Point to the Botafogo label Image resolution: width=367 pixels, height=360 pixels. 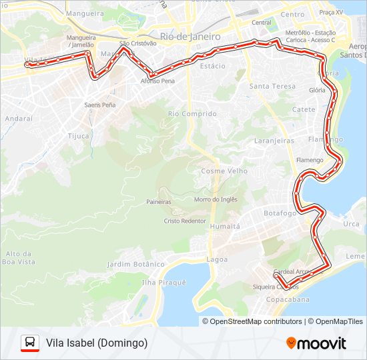pyautogui.click(x=280, y=213)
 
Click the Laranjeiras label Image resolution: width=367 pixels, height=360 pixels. pyautogui.click(x=274, y=141)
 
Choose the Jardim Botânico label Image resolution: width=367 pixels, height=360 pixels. pyautogui.click(x=139, y=265)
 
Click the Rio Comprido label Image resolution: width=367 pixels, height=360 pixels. pyautogui.click(x=192, y=114)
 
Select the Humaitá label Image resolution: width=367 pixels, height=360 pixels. pyautogui.click(x=225, y=227)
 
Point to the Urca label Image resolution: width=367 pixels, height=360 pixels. pyautogui.click(x=351, y=224)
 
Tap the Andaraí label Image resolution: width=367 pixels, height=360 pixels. pyautogui.click(x=18, y=118)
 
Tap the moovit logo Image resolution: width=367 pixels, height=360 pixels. pyautogui.click(x=316, y=343)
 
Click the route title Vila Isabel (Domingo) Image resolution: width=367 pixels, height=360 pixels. pyautogui.click(x=97, y=343)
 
